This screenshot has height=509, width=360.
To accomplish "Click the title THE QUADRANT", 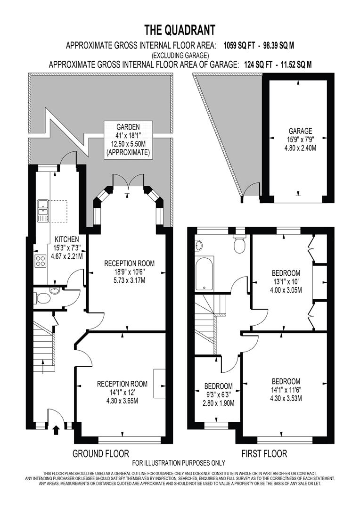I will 180,31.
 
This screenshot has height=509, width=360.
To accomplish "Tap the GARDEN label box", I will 128,140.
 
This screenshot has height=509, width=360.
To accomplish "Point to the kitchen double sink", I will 43,211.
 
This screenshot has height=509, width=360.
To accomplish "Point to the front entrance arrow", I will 56,430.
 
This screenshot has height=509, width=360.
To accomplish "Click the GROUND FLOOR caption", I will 100,454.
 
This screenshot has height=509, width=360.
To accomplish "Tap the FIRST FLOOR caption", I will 264,454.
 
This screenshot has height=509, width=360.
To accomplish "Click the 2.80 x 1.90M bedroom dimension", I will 218,403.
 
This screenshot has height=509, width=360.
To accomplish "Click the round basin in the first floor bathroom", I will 198,245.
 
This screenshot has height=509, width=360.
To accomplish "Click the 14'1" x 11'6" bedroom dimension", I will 286,390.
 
